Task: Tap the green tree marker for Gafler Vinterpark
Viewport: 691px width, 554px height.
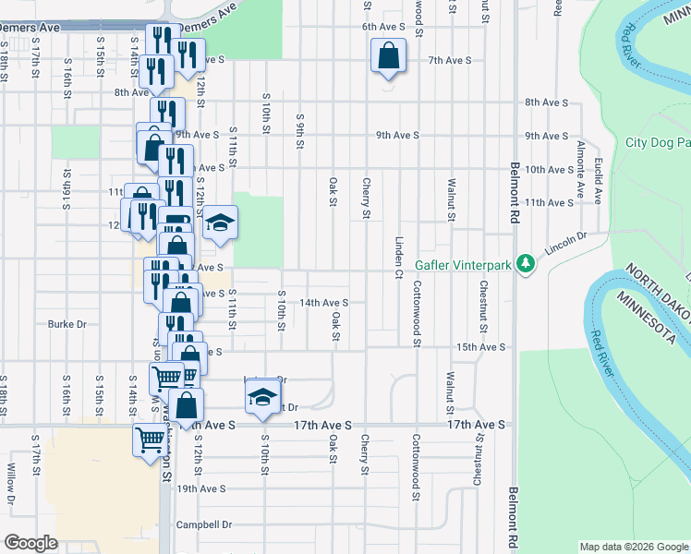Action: pyautogui.click(x=527, y=264)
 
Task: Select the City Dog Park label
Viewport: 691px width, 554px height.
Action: pyautogui.click(x=658, y=142)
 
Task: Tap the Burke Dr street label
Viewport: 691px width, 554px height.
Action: pyautogui.click(x=67, y=324)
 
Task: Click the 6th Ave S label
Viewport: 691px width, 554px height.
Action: pyautogui.click(x=385, y=27)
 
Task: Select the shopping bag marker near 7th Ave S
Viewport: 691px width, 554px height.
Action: pyautogui.click(x=389, y=56)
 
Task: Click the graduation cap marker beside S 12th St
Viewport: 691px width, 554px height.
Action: pyautogui.click(x=220, y=223)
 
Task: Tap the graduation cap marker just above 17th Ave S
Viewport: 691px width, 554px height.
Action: pyautogui.click(x=262, y=397)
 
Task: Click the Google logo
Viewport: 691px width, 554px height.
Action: pyautogui.click(x=30, y=543)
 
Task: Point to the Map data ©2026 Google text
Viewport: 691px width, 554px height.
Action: pyautogui.click(x=634, y=547)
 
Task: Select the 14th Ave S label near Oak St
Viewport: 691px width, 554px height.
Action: pyautogui.click(x=323, y=302)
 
